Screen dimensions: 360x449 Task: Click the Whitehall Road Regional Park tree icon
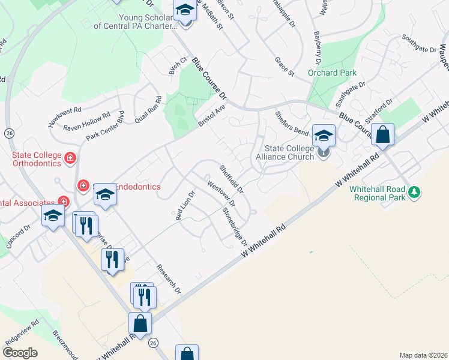click(413, 192)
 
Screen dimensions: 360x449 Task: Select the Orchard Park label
click(328, 73)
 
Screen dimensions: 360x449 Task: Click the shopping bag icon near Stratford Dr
click(382, 134)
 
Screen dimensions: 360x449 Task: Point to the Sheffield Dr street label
click(231, 179)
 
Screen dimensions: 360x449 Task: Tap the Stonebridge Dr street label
click(235, 226)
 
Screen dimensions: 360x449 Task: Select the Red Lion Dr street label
click(185, 206)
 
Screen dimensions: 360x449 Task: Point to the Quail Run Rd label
click(149, 109)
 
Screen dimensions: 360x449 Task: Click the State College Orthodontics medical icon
click(70, 159)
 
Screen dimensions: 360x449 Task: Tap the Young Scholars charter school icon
click(185, 11)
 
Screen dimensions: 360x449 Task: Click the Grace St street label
click(284, 67)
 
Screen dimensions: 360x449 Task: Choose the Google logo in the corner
click(20, 353)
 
